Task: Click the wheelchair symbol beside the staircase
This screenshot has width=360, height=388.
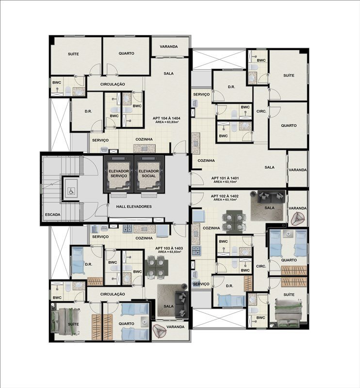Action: [71, 191]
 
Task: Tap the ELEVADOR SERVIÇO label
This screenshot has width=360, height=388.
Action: [119, 174]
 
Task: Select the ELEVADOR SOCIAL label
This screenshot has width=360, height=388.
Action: [149, 174]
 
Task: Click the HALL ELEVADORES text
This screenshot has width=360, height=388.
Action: [134, 207]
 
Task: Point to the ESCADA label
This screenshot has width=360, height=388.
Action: [53, 214]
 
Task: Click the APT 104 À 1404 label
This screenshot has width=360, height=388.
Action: [166, 118]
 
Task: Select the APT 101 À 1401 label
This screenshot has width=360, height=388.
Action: [225, 178]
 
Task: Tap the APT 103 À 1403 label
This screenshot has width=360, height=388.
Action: [169, 248]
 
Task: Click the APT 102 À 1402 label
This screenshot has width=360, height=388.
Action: [225, 196]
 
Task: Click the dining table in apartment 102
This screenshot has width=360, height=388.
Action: [234, 222]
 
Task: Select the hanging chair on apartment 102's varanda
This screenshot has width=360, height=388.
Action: [298, 219]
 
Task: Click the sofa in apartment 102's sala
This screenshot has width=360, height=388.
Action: [271, 197]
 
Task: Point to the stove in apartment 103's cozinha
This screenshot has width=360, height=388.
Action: [128, 228]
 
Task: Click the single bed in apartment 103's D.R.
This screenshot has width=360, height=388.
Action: [79, 261]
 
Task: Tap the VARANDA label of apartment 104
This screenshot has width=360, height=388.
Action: [169, 47]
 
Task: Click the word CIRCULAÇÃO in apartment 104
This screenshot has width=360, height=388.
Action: [113, 84]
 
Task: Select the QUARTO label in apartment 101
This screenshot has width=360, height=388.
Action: [289, 126]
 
